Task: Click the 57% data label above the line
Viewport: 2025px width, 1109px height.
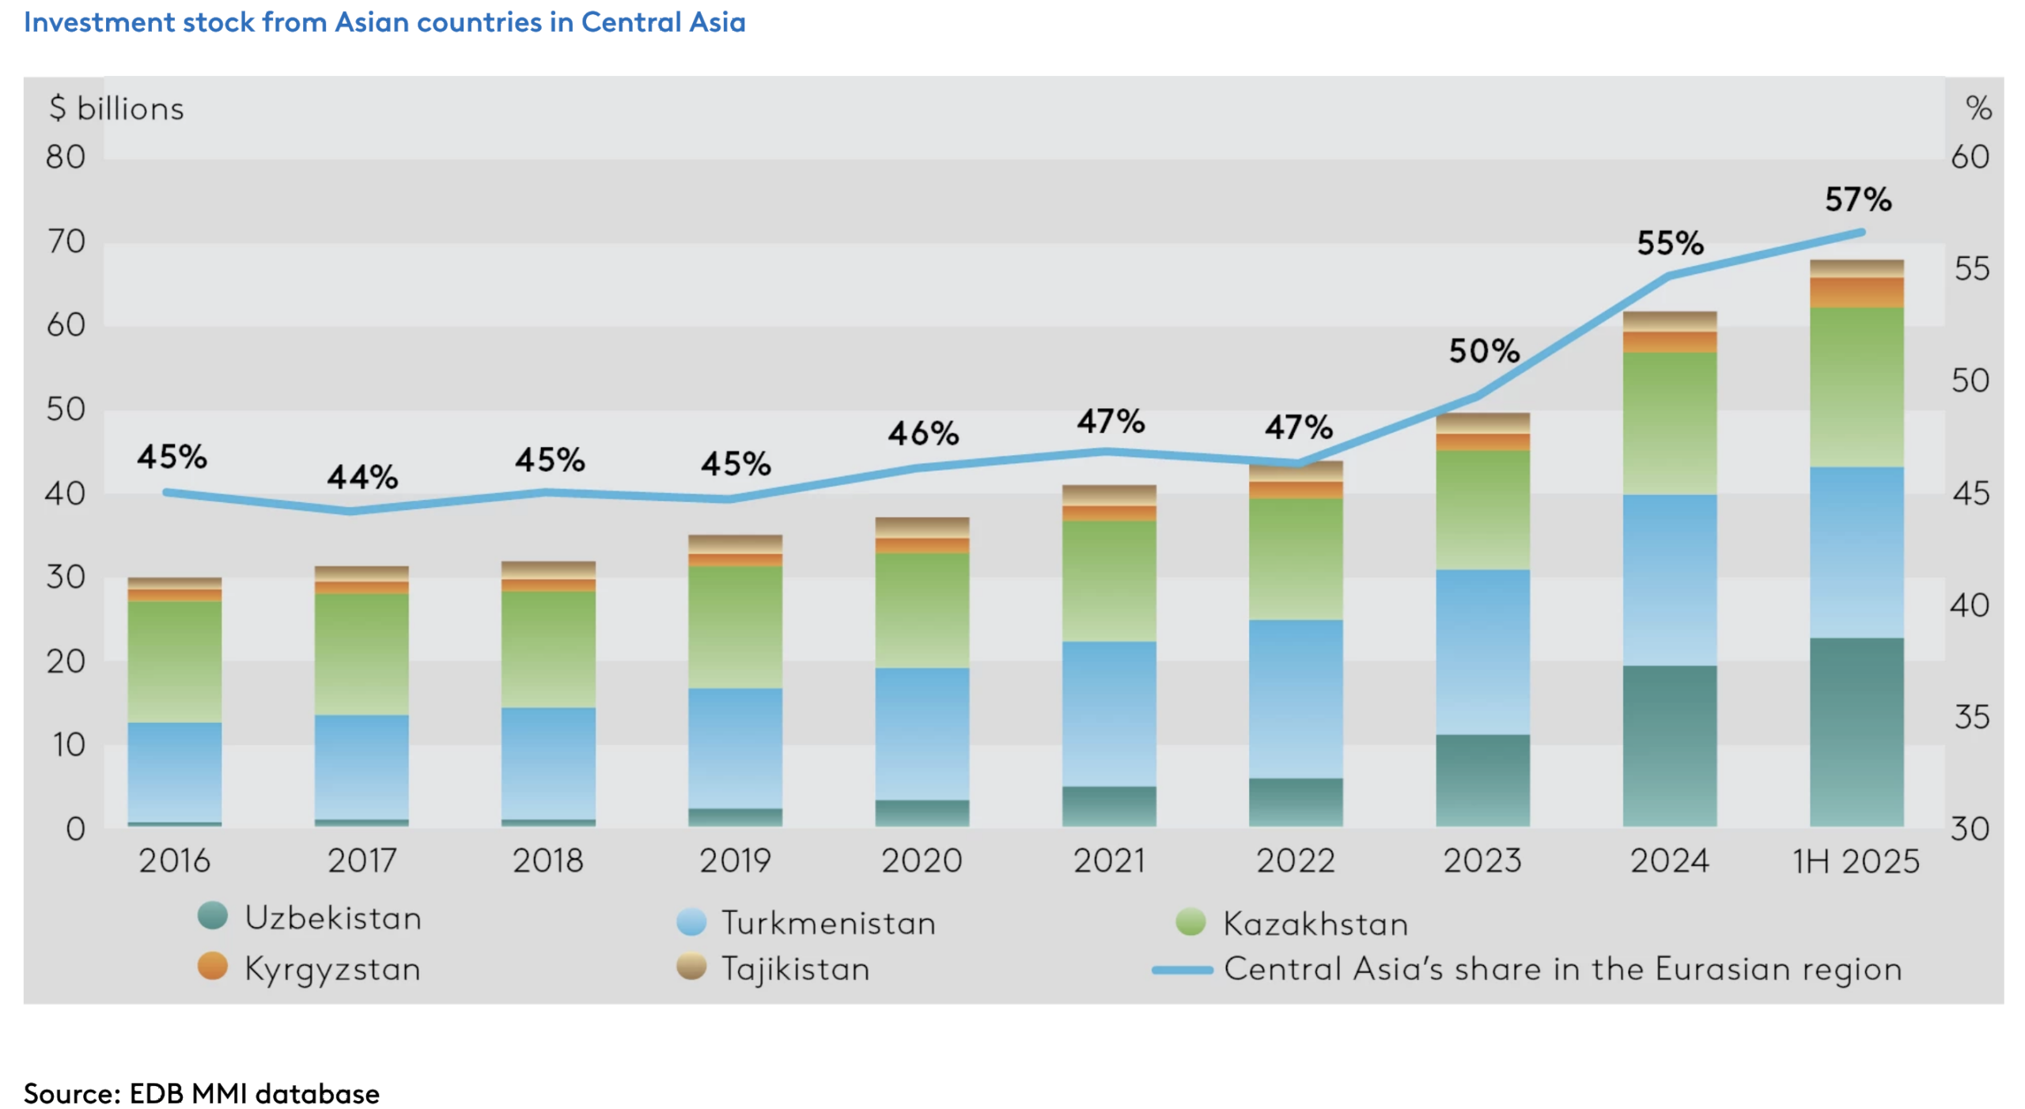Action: click(1857, 199)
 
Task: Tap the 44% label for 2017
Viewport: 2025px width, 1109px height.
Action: click(362, 477)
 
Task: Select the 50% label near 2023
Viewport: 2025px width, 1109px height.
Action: click(1484, 350)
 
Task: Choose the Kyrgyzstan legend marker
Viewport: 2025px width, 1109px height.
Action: click(213, 966)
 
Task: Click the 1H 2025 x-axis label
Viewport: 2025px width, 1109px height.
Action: click(1855, 861)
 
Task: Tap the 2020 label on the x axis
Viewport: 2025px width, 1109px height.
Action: click(922, 861)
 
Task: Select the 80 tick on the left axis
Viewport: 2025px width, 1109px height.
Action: click(66, 157)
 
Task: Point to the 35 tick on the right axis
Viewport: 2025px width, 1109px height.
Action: click(1970, 717)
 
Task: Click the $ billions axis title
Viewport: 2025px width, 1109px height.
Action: click(116, 108)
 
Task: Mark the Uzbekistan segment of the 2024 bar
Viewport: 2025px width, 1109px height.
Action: click(1669, 745)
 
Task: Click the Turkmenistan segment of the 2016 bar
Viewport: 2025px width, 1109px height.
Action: click(174, 771)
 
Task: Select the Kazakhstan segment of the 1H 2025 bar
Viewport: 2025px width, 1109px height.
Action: click(1856, 387)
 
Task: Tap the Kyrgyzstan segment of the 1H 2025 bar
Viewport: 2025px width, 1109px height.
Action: click(1856, 292)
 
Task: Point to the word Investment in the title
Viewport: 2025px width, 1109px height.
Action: click(99, 22)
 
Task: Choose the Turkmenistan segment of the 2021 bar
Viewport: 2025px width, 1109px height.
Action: click(1108, 713)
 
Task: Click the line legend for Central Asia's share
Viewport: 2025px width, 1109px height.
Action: click(1182, 969)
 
